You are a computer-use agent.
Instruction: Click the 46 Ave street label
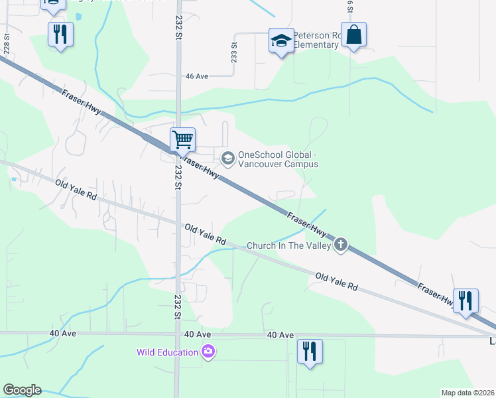[x=197, y=76]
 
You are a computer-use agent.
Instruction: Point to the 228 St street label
[x=7, y=44]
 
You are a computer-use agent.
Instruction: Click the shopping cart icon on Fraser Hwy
[x=182, y=140]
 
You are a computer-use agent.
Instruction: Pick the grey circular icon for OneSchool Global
[x=228, y=157]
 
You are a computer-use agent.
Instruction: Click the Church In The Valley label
[x=289, y=245]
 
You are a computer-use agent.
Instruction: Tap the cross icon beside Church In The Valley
[x=341, y=245]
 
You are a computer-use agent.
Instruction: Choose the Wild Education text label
[x=168, y=352]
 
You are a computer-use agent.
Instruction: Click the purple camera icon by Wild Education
[x=209, y=352]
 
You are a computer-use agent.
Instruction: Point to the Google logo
[x=22, y=390]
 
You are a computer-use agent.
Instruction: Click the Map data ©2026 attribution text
[x=467, y=393]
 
